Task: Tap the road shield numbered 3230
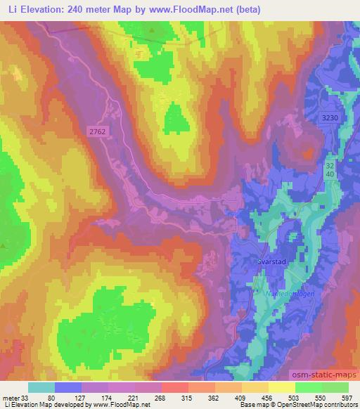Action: coord(328,119)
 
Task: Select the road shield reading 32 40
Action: coord(330,169)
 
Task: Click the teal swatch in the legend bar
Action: coord(41,387)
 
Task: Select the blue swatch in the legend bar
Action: coord(68,387)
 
